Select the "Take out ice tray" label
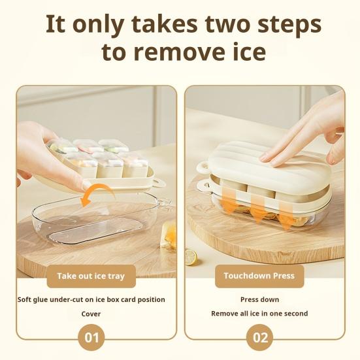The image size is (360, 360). tap(90, 276)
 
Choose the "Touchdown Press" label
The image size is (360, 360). tap(259, 276)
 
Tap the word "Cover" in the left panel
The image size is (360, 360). tap(91, 314)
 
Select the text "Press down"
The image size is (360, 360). tap(259, 299)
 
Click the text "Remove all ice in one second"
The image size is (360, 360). tap(259, 314)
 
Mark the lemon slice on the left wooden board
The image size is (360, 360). tap(190, 257)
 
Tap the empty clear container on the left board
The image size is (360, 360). tap(91, 225)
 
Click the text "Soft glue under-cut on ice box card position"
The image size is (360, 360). tap(91, 299)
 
